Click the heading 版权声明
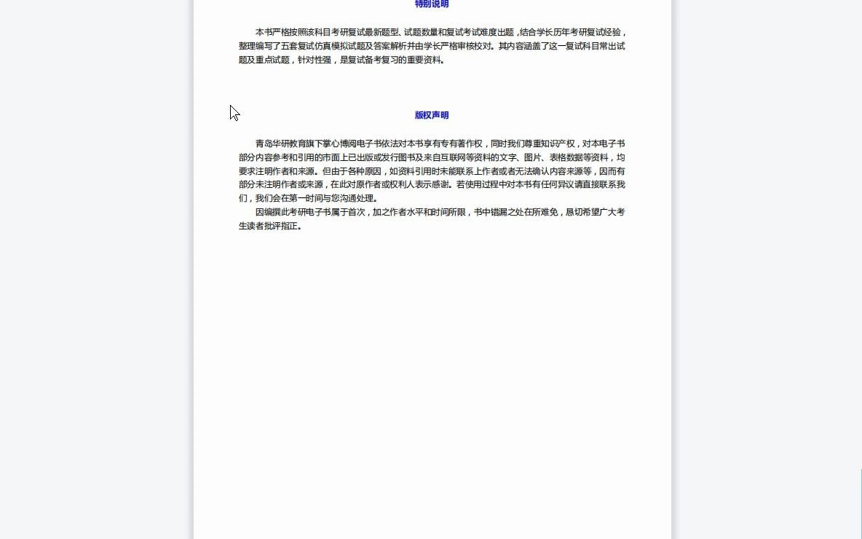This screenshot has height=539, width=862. pyautogui.click(x=432, y=115)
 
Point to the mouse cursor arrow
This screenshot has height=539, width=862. pyautogui.click(x=234, y=112)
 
